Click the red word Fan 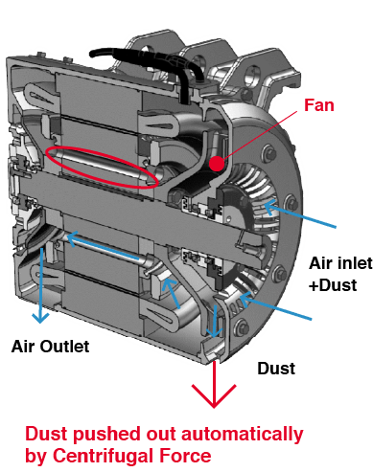tap(318, 105)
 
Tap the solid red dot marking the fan tap(217, 164)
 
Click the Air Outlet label tap(50, 347)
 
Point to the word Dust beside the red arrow tap(276, 369)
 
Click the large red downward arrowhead tap(214, 395)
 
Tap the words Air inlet tap(340, 263)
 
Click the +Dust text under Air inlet tap(333, 285)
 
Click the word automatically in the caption tap(242, 434)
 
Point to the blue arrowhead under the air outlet tap(40, 318)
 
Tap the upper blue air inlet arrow tap(300, 213)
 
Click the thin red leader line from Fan tap(260, 135)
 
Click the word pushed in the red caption tap(107, 434)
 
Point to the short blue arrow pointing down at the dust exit tap(214, 321)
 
